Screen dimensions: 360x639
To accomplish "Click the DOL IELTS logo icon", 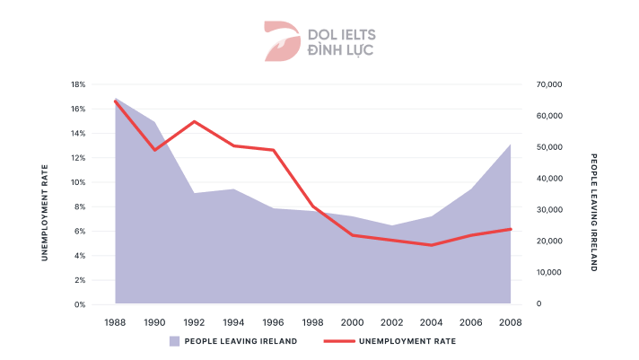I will click(x=282, y=41).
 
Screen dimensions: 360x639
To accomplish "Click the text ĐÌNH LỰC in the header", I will click(x=341, y=50).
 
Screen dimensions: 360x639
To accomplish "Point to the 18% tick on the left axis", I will click(x=78, y=84).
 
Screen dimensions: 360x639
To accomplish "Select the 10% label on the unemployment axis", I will click(x=78, y=182).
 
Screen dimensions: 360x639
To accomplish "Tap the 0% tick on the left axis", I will click(x=80, y=305).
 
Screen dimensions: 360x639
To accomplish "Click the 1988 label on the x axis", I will click(x=115, y=321).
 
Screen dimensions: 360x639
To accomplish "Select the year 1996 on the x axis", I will click(x=273, y=321).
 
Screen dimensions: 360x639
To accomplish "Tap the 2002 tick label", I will click(x=391, y=321).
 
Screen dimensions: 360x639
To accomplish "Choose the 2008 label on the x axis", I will click(x=510, y=321).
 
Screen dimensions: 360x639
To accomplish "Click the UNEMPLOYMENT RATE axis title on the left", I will click(x=44, y=213).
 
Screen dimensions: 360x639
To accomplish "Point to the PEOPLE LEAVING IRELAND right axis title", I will click(x=593, y=213).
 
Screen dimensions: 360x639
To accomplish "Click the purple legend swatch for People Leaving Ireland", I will click(x=175, y=341).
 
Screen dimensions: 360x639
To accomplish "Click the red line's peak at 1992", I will click(x=194, y=121).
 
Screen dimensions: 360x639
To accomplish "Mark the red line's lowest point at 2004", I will click(x=431, y=245).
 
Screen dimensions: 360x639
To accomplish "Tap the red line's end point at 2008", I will click(x=510, y=229).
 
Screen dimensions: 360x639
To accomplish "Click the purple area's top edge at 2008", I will click(x=510, y=145).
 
